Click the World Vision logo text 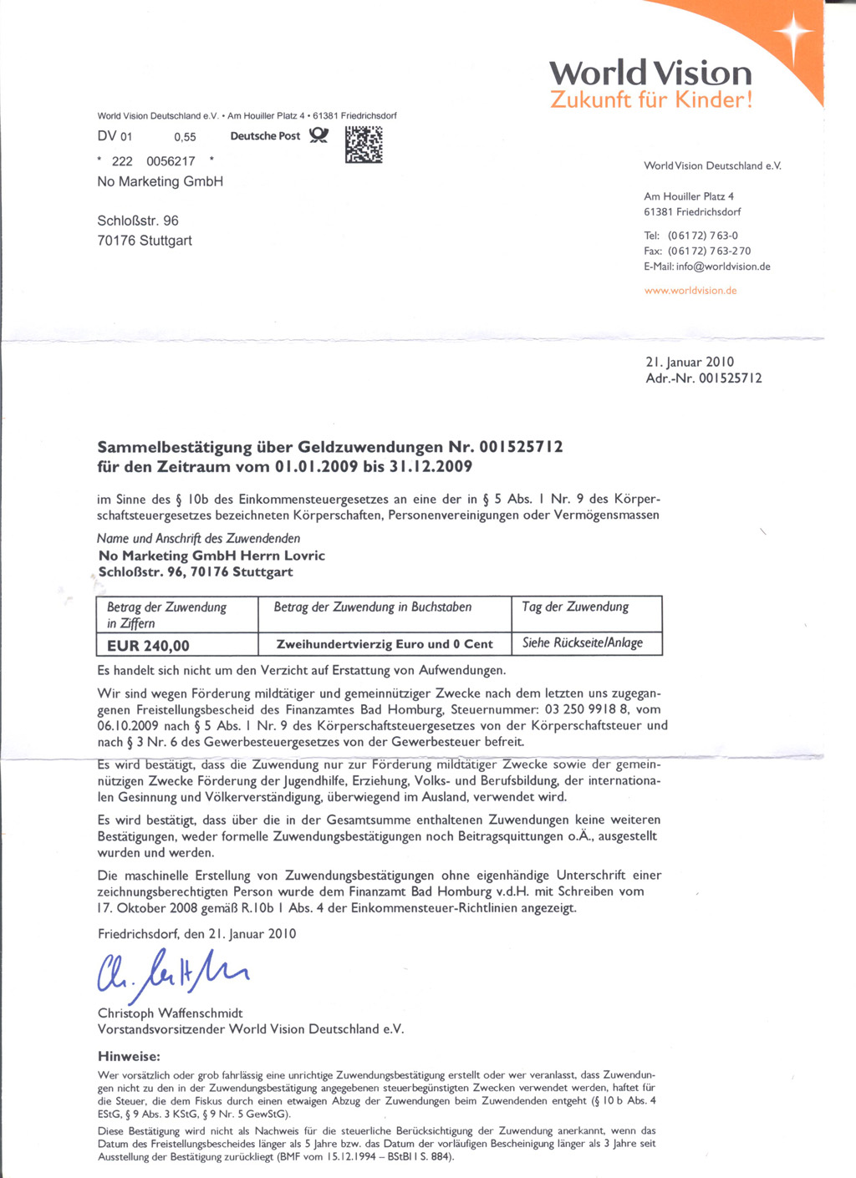click(650, 73)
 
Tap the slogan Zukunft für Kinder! click(651, 100)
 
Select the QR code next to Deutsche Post click(364, 145)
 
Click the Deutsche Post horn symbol click(318, 135)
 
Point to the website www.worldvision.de click(690, 291)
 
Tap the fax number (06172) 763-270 click(709, 251)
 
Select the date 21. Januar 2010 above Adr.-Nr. click(690, 362)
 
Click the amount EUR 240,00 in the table click(148, 645)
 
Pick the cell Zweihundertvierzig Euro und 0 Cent click(385, 644)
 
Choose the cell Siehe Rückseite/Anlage click(583, 642)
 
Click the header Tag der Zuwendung click(575, 607)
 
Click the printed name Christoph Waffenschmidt click(171, 1013)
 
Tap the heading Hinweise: click(129, 1056)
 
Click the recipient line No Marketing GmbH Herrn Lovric click(211, 556)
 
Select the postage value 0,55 click(185, 137)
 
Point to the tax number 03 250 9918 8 click(586, 709)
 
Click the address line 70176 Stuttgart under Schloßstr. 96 click(145, 241)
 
